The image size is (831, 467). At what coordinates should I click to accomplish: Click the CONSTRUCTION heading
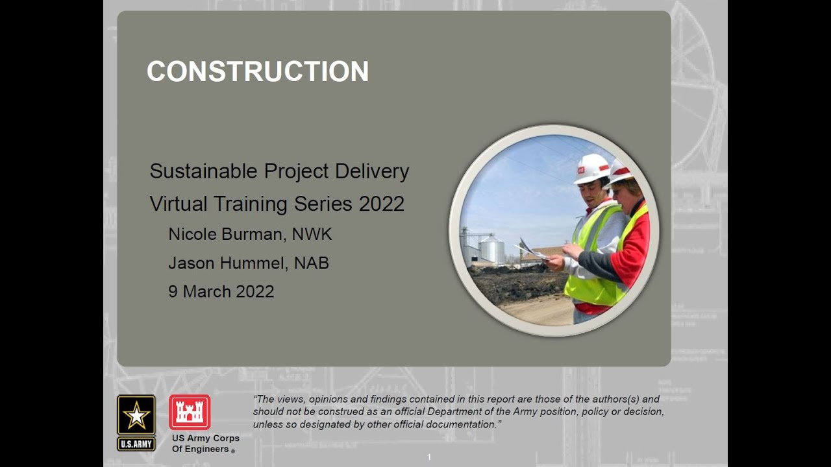tap(258, 71)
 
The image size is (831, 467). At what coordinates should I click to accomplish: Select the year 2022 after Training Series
tap(381, 204)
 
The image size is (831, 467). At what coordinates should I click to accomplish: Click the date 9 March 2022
tap(221, 291)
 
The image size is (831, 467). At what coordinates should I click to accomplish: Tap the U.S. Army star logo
tap(136, 416)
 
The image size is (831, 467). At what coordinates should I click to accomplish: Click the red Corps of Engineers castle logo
tap(189, 412)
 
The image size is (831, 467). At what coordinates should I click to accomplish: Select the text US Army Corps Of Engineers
tap(205, 444)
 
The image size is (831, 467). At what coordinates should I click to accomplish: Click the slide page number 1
tap(428, 457)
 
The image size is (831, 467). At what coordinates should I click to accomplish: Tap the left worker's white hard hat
tap(592, 169)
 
